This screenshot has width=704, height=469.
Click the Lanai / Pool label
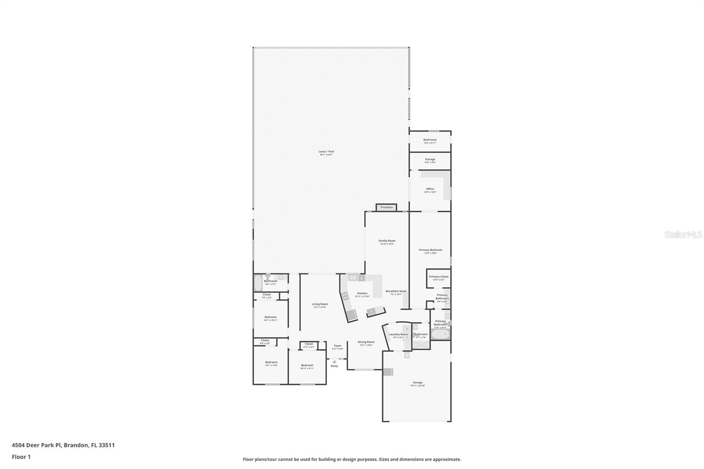326,152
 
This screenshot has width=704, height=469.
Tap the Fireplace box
386,207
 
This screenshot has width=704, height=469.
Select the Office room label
430,189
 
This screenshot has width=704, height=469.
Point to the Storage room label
430,159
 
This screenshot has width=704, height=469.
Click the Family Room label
387,241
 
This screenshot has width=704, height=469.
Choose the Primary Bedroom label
430,250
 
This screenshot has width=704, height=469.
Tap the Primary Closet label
438,277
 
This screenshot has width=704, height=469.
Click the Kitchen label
362,293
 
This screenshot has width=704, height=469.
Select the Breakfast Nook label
396,291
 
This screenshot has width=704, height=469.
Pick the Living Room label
320,304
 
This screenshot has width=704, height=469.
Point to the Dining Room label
366,342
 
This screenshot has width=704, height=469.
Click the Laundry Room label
398,334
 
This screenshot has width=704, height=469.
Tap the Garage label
418,383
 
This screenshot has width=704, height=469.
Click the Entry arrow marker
334,362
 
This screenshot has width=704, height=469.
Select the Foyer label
337,346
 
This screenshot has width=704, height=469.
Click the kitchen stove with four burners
345,296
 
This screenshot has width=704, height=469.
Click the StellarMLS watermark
683,234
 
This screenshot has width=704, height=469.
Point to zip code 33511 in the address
107,445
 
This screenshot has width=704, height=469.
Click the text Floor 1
21,457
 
